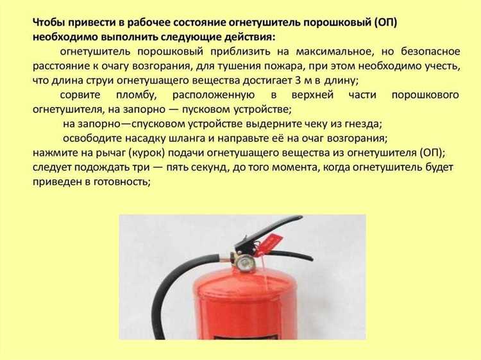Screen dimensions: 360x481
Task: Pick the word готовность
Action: pyautogui.click(x=119, y=182)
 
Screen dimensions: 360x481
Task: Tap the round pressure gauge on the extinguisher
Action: pyautogui.click(x=244, y=262)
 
